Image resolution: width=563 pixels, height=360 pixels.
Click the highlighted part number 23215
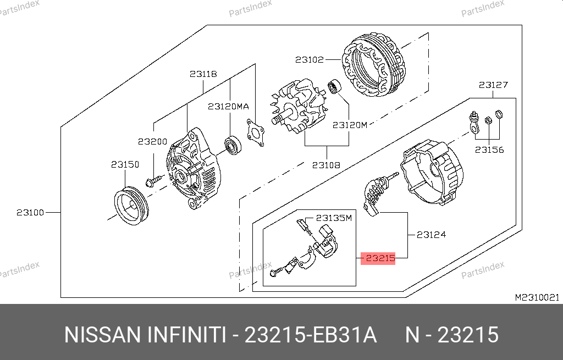(x=380, y=258)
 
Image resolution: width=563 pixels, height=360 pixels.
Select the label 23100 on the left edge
(x=30, y=213)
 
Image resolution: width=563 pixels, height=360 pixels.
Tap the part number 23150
(x=125, y=164)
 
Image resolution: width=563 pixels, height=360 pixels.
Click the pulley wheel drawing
(x=131, y=206)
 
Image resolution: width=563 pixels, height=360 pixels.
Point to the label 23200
(x=153, y=141)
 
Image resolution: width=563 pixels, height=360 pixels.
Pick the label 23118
(x=203, y=74)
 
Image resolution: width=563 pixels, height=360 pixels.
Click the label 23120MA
(x=228, y=107)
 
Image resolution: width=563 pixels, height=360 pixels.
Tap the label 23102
(x=310, y=59)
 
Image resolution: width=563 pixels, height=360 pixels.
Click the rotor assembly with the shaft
(x=298, y=107)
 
